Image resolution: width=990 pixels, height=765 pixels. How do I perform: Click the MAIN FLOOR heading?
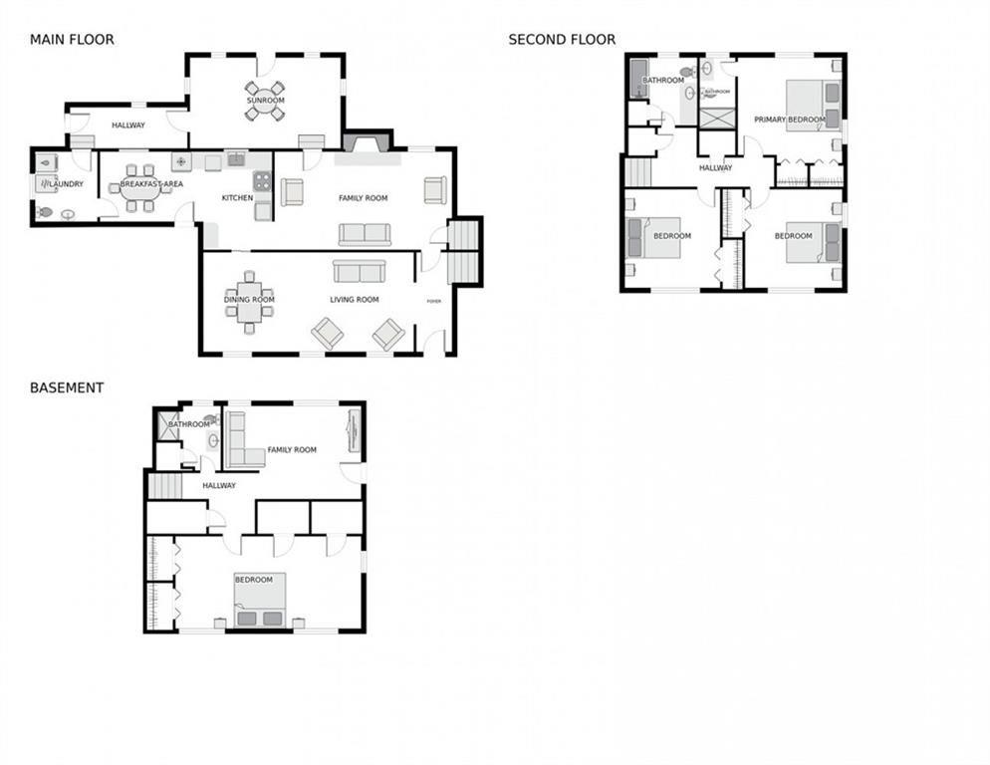pyautogui.click(x=72, y=40)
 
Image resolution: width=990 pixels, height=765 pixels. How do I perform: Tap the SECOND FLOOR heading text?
pyautogui.click(x=562, y=40)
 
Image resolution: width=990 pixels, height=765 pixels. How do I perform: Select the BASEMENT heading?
pyautogui.click(x=67, y=387)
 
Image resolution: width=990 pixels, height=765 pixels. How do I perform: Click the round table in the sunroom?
pyautogui.click(x=265, y=101)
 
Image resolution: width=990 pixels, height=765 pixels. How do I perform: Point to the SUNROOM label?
pyautogui.click(x=265, y=101)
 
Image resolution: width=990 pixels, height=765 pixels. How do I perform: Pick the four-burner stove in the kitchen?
pyautogui.click(x=262, y=181)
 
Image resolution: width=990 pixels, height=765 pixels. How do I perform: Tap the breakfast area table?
pyautogui.click(x=139, y=187)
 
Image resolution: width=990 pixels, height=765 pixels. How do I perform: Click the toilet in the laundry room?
pyautogui.click(x=45, y=212)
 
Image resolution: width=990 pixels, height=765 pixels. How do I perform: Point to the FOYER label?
pyautogui.click(x=433, y=301)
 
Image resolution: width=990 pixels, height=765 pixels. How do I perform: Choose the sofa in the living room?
pyautogui.click(x=359, y=272)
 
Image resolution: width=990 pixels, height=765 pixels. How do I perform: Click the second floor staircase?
pyautogui.click(x=636, y=172)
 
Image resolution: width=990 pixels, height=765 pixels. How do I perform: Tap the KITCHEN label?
pyautogui.click(x=237, y=198)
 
